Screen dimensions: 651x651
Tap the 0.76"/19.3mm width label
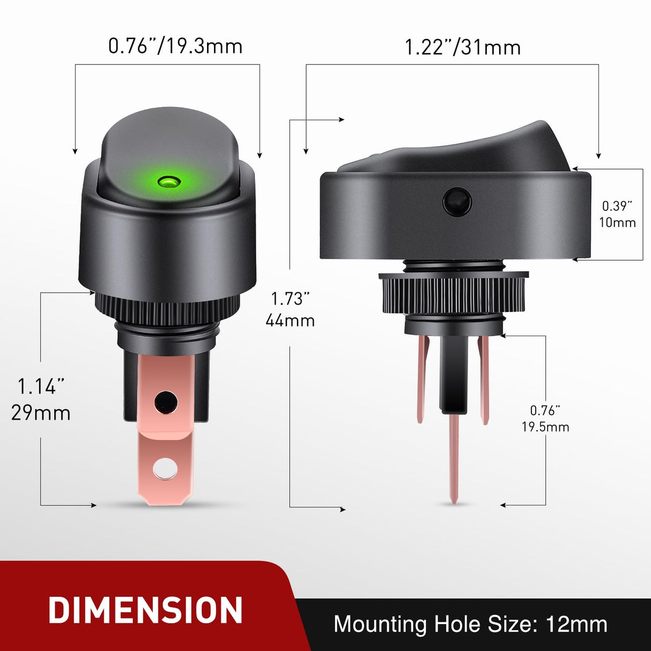click(x=175, y=46)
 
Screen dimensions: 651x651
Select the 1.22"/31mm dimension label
click(x=462, y=47)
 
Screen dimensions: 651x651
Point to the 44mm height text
click(x=290, y=321)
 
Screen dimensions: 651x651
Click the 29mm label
click(x=41, y=413)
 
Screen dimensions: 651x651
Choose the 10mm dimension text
click(x=617, y=223)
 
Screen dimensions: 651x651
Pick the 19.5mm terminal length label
click(x=545, y=427)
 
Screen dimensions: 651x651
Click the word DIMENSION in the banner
click(x=146, y=610)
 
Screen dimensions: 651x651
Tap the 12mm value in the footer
click(x=576, y=624)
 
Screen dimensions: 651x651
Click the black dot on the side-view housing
click(x=457, y=202)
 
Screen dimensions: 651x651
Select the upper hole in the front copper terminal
click(x=165, y=401)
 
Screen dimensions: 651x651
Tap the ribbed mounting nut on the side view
click(x=453, y=294)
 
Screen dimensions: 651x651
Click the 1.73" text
click(x=290, y=299)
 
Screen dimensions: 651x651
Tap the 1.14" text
click(x=41, y=386)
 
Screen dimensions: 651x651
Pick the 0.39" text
click(x=617, y=206)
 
